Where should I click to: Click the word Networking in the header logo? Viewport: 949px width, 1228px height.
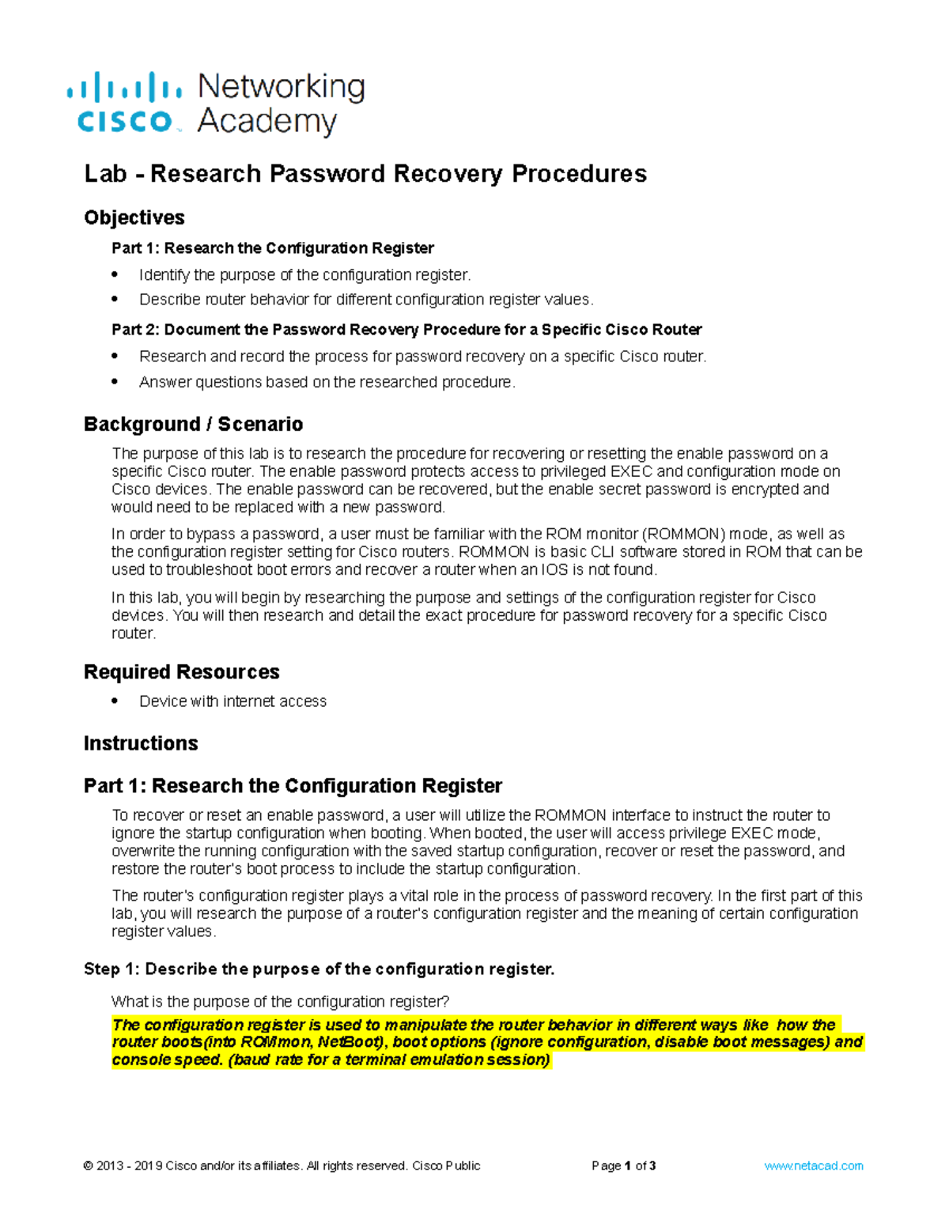point(281,87)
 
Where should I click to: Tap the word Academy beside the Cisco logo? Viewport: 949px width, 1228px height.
point(267,122)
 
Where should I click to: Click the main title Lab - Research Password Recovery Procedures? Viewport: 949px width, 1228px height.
point(365,173)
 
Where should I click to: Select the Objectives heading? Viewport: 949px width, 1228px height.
point(134,217)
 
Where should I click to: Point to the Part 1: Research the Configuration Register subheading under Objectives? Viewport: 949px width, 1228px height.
point(273,248)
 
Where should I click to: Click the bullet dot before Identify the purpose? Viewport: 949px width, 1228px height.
point(115,274)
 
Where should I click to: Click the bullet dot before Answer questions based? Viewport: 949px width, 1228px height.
point(115,381)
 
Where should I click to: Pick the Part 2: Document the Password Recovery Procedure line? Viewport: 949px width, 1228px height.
point(406,330)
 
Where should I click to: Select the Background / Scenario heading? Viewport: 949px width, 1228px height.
point(193,425)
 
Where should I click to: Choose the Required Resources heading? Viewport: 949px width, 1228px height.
point(182,672)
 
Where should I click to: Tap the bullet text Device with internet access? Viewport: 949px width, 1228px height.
point(233,701)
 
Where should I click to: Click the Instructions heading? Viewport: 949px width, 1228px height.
point(141,743)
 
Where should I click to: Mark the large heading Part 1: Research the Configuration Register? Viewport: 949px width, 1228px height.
point(293,786)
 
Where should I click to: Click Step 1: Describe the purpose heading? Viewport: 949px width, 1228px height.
point(319,969)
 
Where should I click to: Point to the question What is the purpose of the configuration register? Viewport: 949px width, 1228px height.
point(280,1002)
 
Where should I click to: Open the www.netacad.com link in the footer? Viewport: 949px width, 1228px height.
point(813,1166)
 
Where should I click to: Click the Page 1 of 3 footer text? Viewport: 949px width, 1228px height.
point(623,1166)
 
